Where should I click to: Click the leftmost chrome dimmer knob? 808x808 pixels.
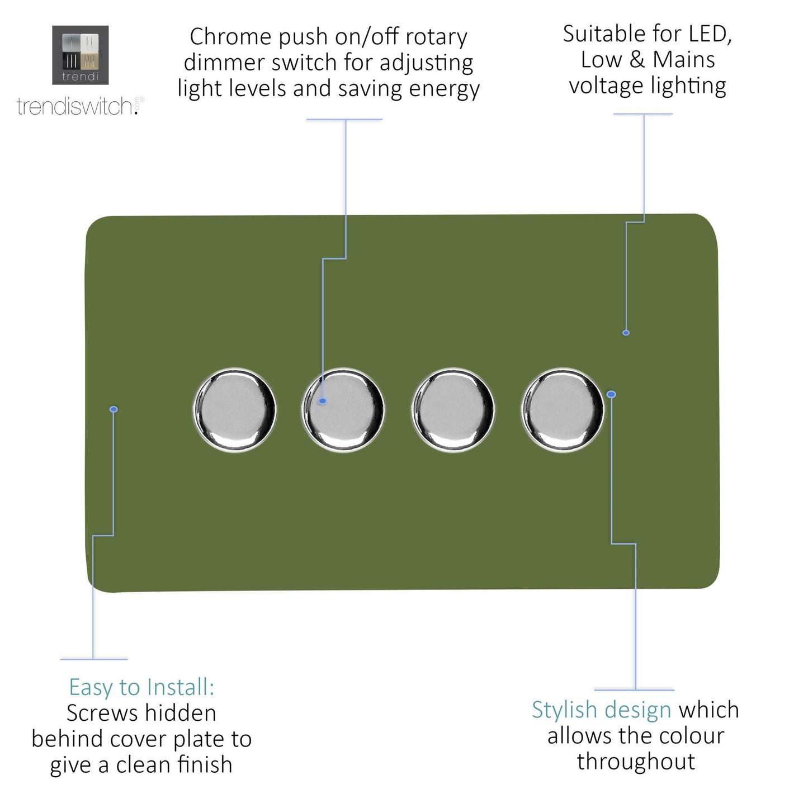234,409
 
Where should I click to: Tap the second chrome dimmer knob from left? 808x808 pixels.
343,409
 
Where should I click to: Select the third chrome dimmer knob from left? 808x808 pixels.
453,409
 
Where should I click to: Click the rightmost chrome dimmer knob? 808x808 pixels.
563,409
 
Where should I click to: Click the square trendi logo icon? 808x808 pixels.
81,55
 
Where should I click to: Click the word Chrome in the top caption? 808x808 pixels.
230,37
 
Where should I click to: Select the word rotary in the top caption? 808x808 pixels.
436,37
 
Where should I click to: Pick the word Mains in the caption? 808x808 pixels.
684,60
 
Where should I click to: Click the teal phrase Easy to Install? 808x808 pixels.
141,687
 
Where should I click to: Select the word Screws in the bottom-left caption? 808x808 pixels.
102,714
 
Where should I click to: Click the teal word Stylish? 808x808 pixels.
564,710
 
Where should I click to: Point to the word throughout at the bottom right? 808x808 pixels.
636,762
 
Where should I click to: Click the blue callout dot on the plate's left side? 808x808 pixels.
114,410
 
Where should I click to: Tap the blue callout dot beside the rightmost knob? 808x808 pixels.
611,395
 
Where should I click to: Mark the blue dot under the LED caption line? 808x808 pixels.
626,333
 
